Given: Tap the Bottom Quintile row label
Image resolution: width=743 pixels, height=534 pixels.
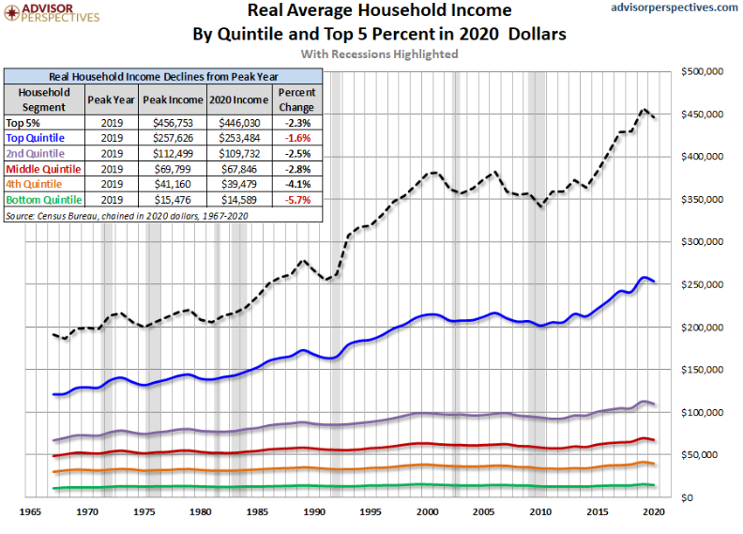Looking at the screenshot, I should coord(43,200).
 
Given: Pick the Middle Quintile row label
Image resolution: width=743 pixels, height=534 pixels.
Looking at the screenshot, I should coord(43,169).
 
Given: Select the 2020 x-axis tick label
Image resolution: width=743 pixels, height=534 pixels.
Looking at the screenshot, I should coord(655,512).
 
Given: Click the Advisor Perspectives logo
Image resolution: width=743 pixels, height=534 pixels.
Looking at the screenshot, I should coord(52,12).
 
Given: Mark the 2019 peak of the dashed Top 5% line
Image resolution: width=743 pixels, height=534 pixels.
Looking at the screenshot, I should coord(644,110).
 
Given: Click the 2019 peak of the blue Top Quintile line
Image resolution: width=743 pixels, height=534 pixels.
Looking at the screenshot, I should coord(644,278).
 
